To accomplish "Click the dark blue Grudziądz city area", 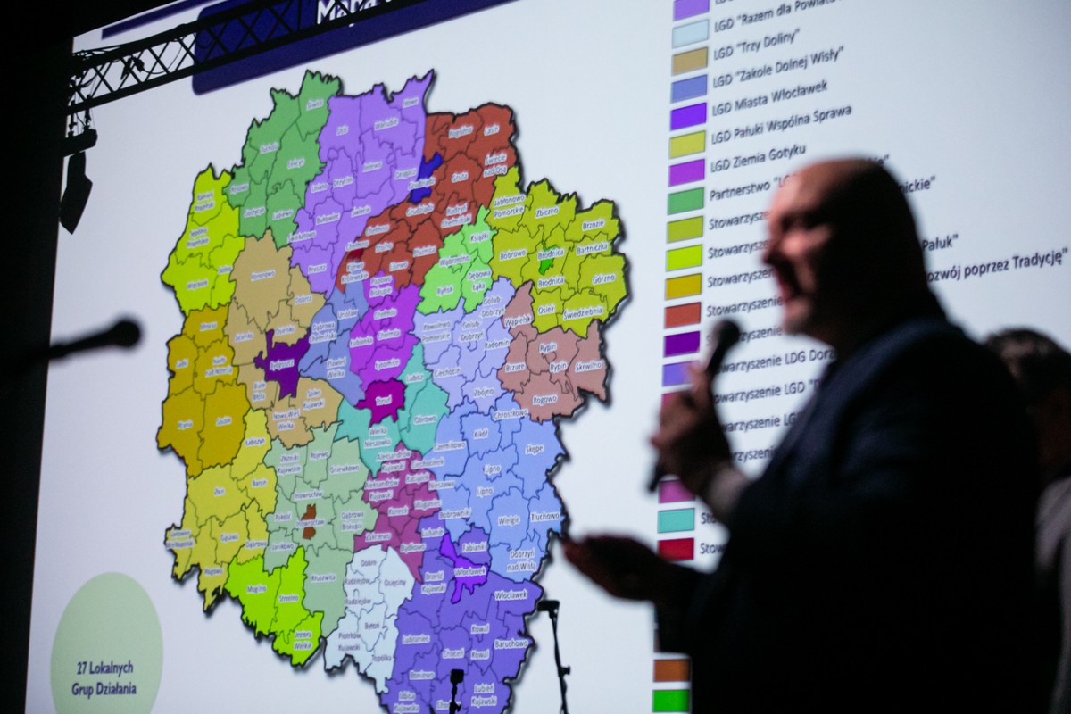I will (426, 176).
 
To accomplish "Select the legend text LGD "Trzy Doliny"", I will (756, 38).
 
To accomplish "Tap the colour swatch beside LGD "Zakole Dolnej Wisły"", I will (690, 61).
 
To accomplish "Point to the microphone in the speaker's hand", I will (721, 344).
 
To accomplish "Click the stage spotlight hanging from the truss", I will (75, 187).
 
